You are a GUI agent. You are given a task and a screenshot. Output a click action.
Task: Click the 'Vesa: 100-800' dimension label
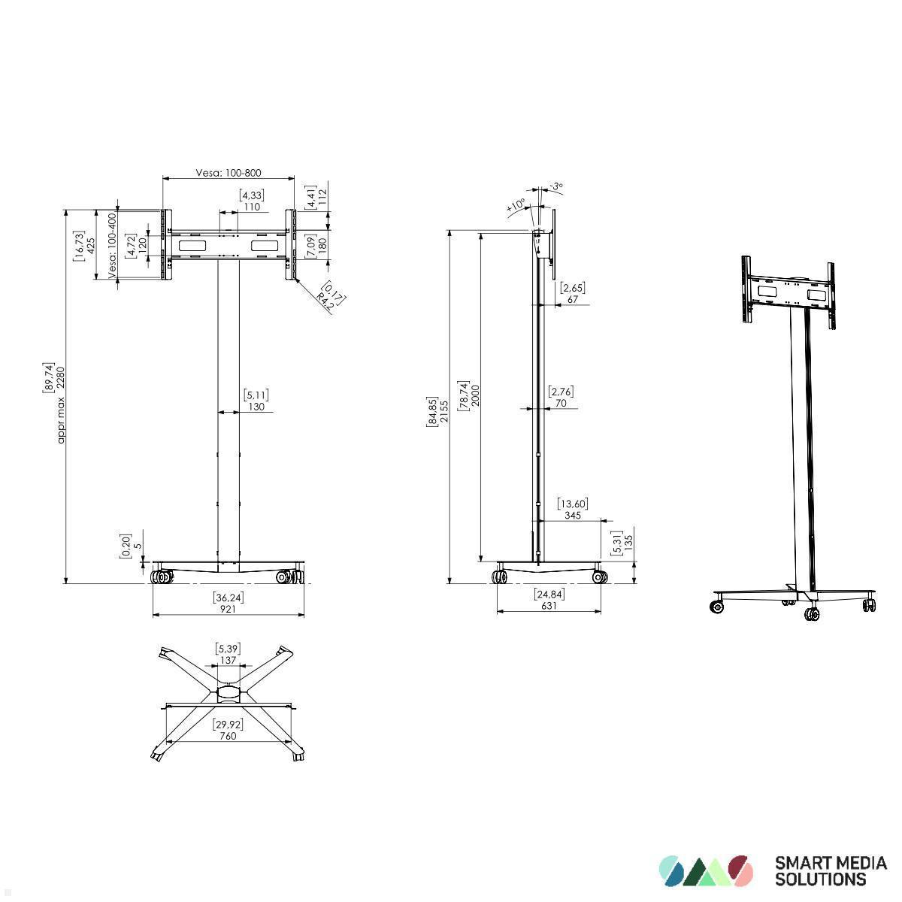[229, 173]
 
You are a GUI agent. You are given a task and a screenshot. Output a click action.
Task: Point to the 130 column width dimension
[256, 407]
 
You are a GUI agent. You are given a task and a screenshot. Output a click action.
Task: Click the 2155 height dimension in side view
[443, 412]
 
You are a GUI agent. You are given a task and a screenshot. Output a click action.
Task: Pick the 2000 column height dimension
[475, 395]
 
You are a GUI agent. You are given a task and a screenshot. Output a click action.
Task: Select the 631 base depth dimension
[549, 605]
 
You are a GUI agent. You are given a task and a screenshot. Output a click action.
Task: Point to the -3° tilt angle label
[555, 186]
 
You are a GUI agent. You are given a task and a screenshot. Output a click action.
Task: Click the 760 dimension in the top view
[228, 736]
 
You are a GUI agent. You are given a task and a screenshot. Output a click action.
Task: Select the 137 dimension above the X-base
[228, 660]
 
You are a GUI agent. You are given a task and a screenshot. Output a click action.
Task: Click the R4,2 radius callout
[325, 301]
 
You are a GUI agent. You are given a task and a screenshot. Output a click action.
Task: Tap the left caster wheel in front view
[162, 577]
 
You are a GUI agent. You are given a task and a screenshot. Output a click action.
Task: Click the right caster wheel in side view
[599, 577]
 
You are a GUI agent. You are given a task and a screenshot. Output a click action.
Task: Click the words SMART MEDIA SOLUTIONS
[830, 870]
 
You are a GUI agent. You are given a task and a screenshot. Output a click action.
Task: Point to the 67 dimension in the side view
[572, 299]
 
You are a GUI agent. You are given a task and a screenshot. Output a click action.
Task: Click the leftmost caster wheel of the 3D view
[718, 606]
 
